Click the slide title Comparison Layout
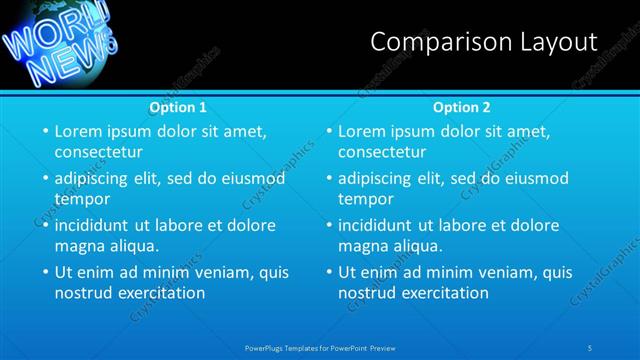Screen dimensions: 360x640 484,42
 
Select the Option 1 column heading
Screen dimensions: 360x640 178,107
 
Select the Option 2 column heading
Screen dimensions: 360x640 461,107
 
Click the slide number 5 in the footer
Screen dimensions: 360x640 591,347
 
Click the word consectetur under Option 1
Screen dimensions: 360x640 98,152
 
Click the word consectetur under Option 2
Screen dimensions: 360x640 382,152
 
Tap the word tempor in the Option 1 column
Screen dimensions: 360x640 81,199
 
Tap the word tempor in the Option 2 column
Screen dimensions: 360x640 365,199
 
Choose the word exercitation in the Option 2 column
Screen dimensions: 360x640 444,293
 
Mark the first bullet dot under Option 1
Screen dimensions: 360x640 44,131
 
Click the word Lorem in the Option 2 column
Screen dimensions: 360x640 361,131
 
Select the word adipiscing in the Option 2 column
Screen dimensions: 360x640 374,178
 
